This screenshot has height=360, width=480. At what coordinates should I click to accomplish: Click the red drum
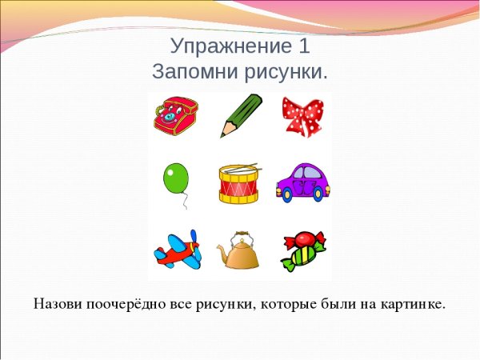tap(239, 185)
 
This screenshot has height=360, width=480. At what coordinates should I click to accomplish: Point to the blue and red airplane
tap(177, 250)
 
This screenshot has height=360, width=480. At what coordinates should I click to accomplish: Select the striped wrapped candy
tap(302, 250)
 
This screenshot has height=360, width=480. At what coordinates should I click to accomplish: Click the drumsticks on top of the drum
tap(239, 168)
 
